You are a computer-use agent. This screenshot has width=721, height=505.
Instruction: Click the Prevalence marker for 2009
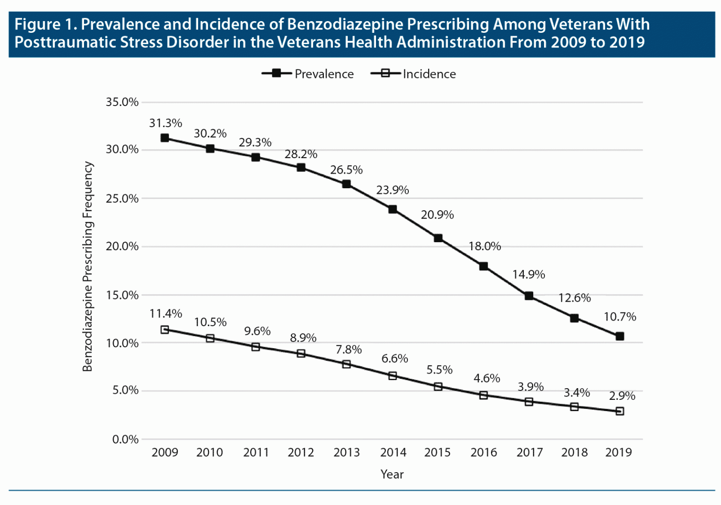tap(165, 138)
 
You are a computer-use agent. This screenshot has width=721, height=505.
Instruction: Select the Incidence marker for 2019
tap(620, 411)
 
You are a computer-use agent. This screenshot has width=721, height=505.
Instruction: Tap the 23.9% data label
tap(392, 190)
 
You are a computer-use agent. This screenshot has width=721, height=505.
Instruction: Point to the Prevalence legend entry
tap(308, 74)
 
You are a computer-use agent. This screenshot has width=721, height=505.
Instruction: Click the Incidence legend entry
tap(414, 74)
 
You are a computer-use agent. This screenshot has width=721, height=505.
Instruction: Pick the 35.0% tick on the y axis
tap(122, 102)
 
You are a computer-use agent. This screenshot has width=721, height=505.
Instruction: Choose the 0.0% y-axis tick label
tap(125, 439)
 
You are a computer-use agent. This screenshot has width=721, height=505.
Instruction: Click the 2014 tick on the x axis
tap(393, 452)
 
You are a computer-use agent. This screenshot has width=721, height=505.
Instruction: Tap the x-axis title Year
tap(392, 474)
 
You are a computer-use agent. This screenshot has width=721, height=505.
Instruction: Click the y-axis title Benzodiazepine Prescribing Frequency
tap(88, 267)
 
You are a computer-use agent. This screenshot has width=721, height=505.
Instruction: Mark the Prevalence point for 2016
tap(483, 267)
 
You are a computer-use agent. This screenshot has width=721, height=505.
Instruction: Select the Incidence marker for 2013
tap(346, 364)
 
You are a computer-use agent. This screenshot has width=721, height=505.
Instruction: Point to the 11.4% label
tap(166, 314)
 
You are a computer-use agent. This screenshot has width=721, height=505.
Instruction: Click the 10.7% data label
tap(620, 317)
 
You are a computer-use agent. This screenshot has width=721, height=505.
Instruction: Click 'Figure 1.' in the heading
tap(45, 24)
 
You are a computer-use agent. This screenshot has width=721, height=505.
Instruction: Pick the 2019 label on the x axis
tap(619, 452)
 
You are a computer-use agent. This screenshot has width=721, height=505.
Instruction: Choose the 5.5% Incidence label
tap(439, 370)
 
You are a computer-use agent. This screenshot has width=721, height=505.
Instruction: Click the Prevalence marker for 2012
tap(301, 168)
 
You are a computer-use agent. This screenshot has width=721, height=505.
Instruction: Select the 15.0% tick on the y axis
tap(122, 295)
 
